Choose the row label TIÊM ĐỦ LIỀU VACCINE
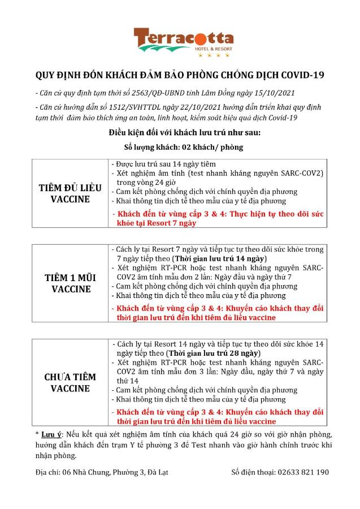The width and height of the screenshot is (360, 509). click(x=71, y=193)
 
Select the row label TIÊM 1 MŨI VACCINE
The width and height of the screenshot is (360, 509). click(x=71, y=283)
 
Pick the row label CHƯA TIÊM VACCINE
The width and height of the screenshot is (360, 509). click(x=71, y=382)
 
